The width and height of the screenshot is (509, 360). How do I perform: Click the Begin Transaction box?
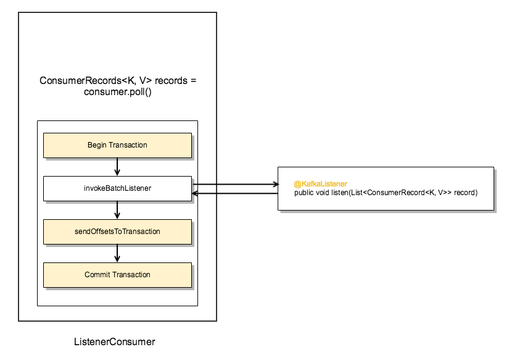tap(117, 145)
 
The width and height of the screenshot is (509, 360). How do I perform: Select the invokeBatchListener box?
tap(117, 188)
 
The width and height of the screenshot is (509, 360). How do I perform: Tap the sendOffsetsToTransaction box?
tap(117, 232)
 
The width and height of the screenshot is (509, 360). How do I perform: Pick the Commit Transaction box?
tap(117, 275)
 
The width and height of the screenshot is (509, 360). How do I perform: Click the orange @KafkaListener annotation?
tap(320, 184)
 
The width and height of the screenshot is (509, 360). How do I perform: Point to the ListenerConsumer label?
tap(114, 341)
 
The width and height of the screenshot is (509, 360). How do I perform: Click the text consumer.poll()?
tap(117, 92)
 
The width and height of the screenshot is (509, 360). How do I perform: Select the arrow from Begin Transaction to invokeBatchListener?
tap(117, 167)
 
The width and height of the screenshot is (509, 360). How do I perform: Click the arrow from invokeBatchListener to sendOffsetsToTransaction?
tap(117, 210)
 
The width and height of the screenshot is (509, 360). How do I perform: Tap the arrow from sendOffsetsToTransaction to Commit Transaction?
tap(117, 253)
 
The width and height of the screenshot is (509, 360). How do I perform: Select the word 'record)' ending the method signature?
tap(466, 193)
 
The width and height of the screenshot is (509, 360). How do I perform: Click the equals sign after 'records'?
tap(193, 81)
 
